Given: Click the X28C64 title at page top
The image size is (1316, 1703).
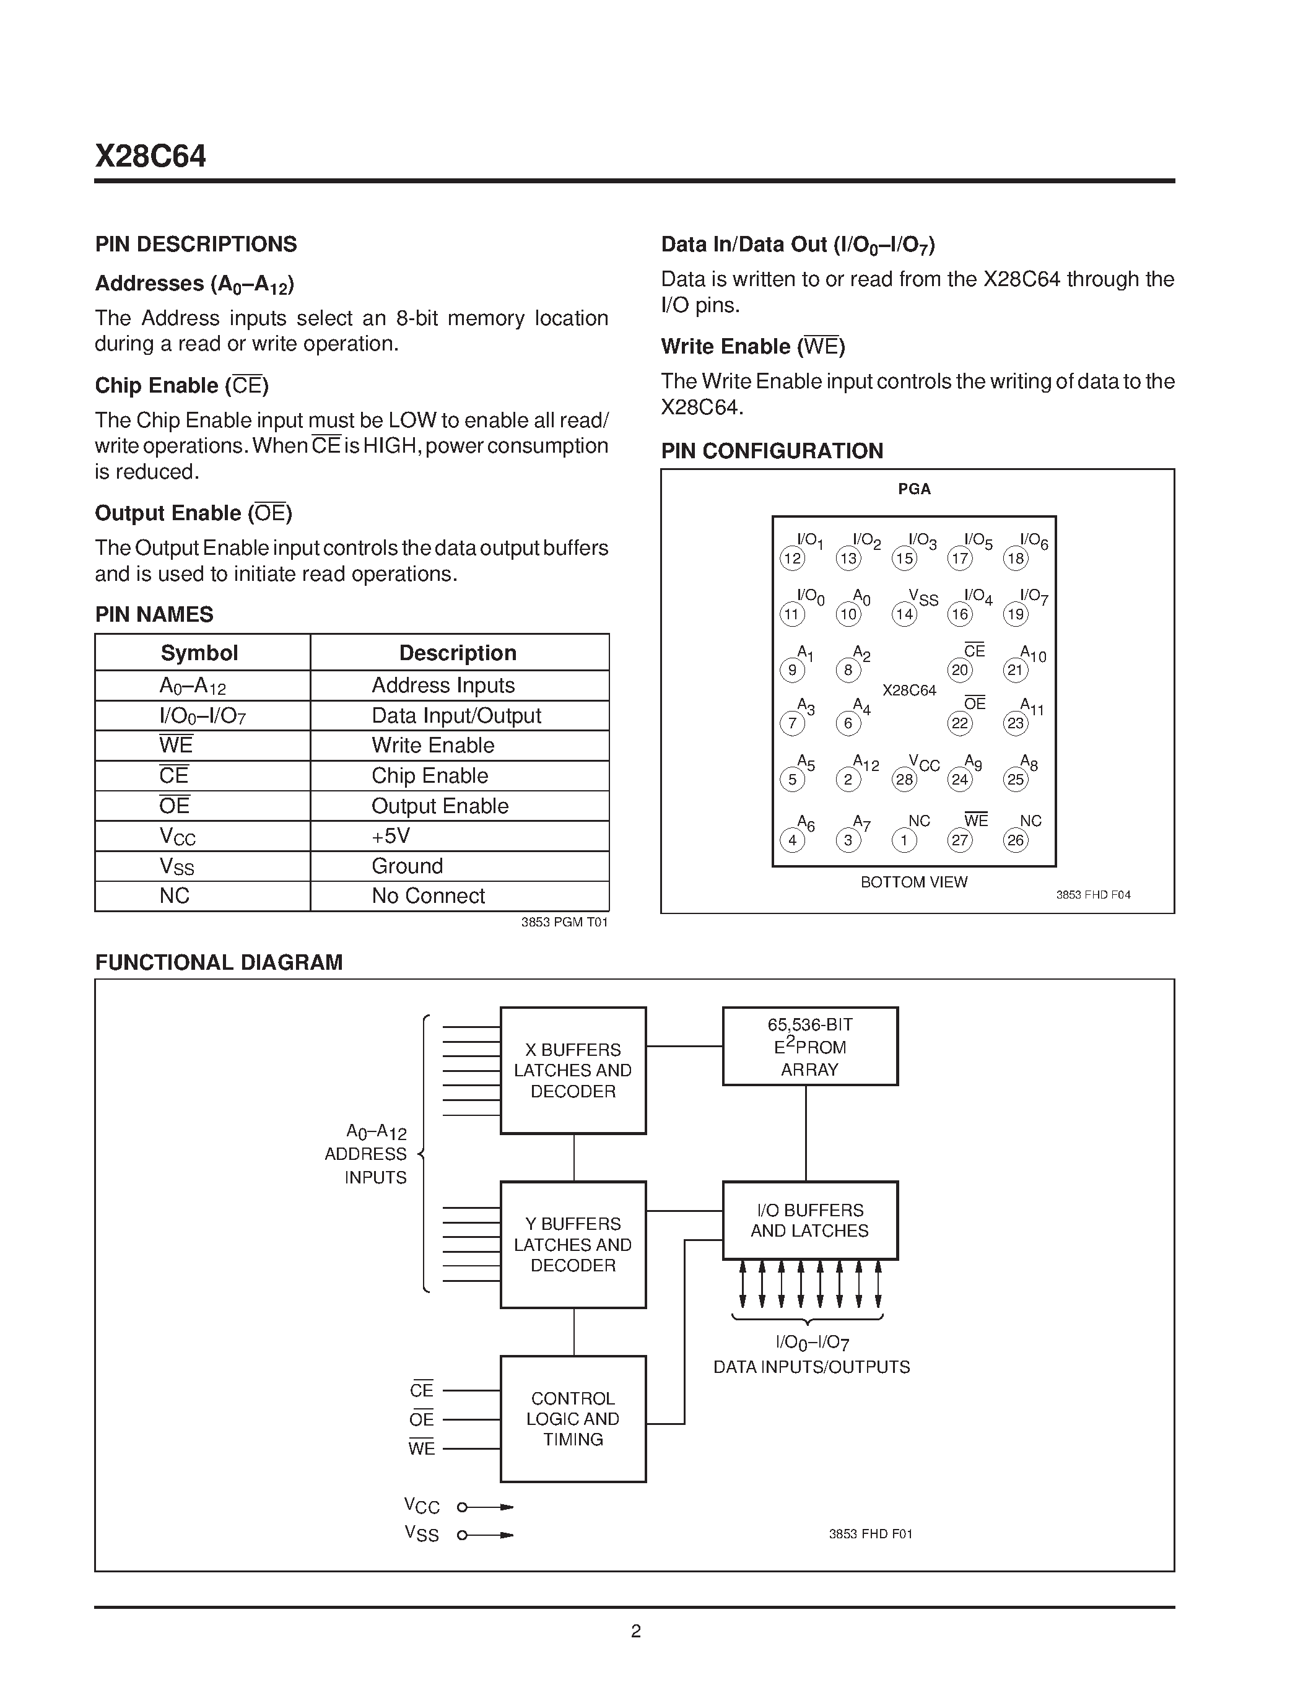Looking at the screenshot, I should pyautogui.click(x=150, y=157).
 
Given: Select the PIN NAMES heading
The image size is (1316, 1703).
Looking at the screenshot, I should pyautogui.click(x=154, y=614).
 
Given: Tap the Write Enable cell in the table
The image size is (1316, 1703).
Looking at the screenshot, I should pyautogui.click(x=433, y=746).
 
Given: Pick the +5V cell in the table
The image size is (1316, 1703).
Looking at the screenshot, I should pyautogui.click(x=391, y=836).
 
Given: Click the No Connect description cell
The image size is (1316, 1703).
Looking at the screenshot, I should pyautogui.click(x=428, y=896).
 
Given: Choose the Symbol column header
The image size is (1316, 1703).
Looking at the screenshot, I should pyautogui.click(x=199, y=653).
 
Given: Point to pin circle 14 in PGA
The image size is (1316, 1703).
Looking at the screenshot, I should pyautogui.click(x=904, y=614).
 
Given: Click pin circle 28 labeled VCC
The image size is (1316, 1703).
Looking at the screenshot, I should pyautogui.click(x=904, y=779).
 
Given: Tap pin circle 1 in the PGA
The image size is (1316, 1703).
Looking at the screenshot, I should pyautogui.click(x=904, y=840).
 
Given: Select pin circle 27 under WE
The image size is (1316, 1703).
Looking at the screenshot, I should pyautogui.click(x=960, y=840).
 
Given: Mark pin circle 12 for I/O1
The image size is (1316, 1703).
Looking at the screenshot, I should pyautogui.click(x=792, y=559).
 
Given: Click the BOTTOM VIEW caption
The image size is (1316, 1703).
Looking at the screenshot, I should pyautogui.click(x=913, y=882).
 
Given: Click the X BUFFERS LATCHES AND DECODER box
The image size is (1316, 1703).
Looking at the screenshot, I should pyautogui.click(x=573, y=1071).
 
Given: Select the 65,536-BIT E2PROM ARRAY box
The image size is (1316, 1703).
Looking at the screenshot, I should pyautogui.click(x=810, y=1047).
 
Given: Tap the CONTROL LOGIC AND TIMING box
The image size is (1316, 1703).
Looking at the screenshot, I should pyautogui.click(x=573, y=1419).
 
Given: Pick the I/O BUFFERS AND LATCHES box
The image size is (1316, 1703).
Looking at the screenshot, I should pyautogui.click(x=810, y=1221).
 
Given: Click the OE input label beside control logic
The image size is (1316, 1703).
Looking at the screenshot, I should pyautogui.click(x=421, y=1420).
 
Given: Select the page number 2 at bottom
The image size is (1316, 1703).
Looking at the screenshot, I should pyautogui.click(x=635, y=1631).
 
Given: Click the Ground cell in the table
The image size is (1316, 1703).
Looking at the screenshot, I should pyautogui.click(x=407, y=866).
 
